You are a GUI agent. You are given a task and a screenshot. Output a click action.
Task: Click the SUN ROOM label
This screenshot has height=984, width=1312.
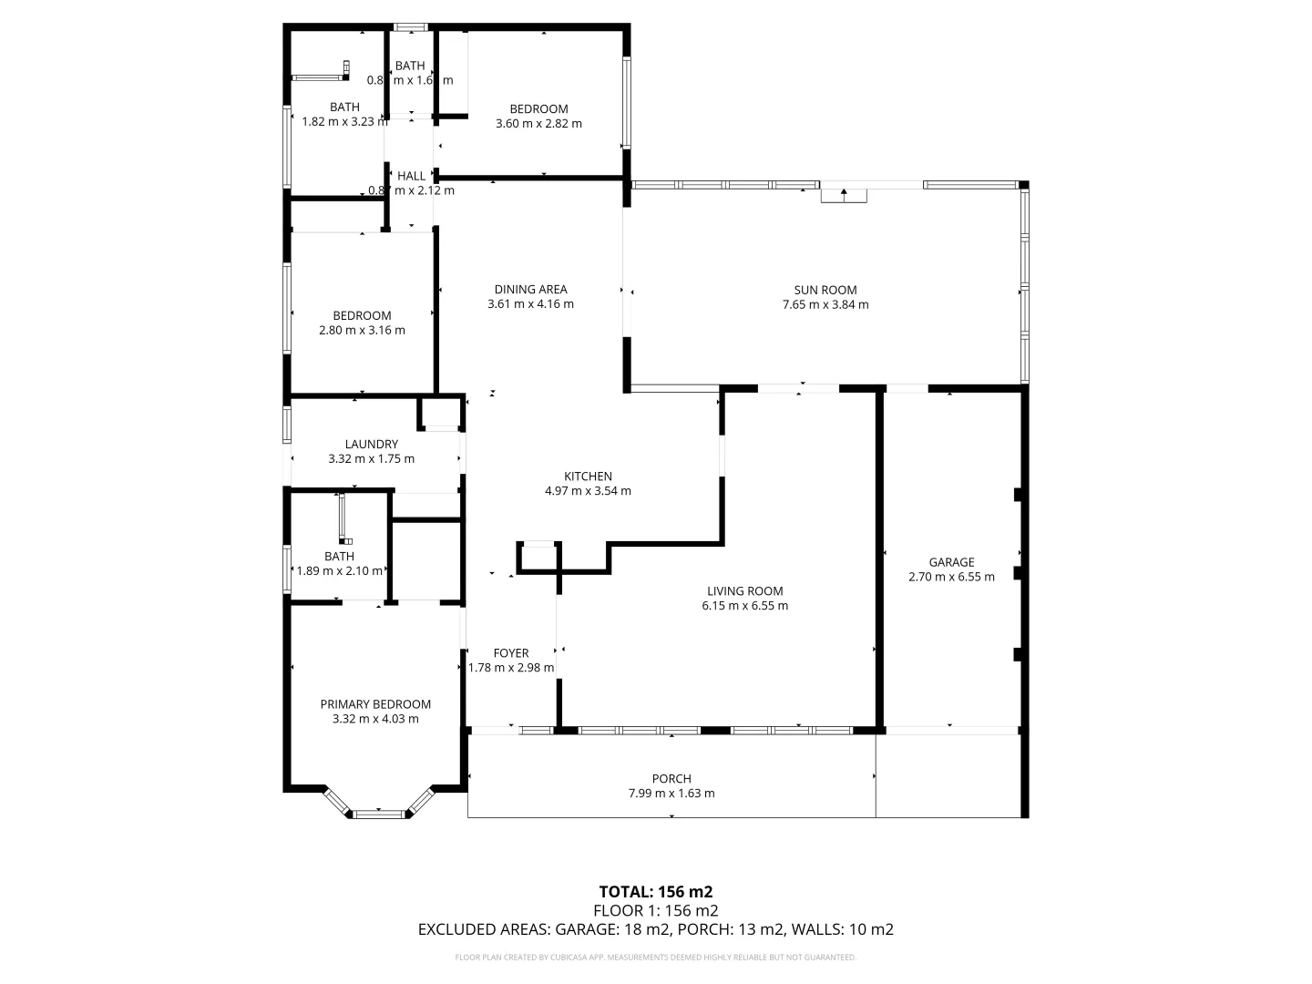pyautogui.click(x=825, y=291)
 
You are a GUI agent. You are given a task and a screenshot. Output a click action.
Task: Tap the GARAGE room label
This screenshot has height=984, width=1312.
pyautogui.click(x=951, y=562)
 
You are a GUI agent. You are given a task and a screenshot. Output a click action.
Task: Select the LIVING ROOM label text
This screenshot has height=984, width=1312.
pyautogui.click(x=744, y=591)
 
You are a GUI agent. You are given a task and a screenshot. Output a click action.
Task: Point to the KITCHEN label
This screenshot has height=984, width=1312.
pyautogui.click(x=588, y=477)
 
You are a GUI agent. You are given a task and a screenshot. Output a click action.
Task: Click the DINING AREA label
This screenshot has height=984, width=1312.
pyautogui.click(x=530, y=290)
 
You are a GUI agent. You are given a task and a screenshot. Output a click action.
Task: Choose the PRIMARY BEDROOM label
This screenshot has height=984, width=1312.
pyautogui.click(x=375, y=704)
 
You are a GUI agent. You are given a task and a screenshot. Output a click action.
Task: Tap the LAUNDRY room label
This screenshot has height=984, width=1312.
pyautogui.click(x=371, y=445)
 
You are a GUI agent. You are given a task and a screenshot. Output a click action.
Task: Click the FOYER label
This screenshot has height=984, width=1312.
pyautogui.click(x=511, y=653)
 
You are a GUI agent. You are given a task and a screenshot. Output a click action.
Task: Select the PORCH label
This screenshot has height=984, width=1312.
pyautogui.click(x=671, y=779)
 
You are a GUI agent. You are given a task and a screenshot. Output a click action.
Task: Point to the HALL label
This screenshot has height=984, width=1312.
pyautogui.click(x=411, y=176)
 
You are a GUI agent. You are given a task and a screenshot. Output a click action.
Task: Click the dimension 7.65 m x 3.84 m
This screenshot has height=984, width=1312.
pyautogui.click(x=825, y=305)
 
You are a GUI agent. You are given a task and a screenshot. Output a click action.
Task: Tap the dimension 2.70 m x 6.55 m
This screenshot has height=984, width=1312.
pyautogui.click(x=951, y=577)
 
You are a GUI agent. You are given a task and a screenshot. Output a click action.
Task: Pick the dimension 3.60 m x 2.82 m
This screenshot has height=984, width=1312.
pyautogui.click(x=538, y=124)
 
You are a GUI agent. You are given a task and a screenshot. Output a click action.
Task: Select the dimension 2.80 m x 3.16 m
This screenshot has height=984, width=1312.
pyautogui.click(x=362, y=331)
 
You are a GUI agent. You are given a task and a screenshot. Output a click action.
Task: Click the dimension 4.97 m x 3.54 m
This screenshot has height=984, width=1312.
pyautogui.click(x=588, y=491)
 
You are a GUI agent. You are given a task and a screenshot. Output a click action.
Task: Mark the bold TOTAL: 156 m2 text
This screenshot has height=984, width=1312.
pyautogui.click(x=655, y=891)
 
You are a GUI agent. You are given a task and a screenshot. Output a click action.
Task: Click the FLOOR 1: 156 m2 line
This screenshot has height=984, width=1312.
pyautogui.click(x=655, y=910)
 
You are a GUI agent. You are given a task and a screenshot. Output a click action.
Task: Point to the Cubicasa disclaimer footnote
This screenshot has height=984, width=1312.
pyautogui.click(x=655, y=958)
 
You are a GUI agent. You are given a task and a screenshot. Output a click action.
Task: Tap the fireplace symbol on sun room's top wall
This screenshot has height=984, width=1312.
pyautogui.click(x=844, y=193)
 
